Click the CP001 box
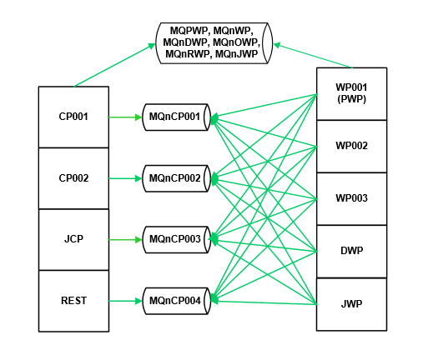(x=73, y=117)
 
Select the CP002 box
(x=73, y=178)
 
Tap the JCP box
(x=73, y=239)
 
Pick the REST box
(x=73, y=301)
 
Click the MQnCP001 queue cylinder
(x=176, y=117)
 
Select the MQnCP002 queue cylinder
(x=176, y=178)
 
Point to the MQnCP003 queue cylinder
(x=176, y=240)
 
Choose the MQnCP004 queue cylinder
(x=176, y=301)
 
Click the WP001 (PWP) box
(x=351, y=94)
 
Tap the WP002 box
(x=351, y=147)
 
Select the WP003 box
(x=351, y=199)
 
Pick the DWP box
(x=351, y=252)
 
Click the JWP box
(x=351, y=304)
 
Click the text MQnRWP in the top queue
(x=187, y=54)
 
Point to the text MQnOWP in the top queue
(x=236, y=42)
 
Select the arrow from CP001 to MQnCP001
(x=125, y=117)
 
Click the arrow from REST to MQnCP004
(x=125, y=301)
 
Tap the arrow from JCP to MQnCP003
(x=125, y=240)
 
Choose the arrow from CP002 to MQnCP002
(x=125, y=178)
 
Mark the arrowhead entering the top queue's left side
(x=152, y=46)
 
